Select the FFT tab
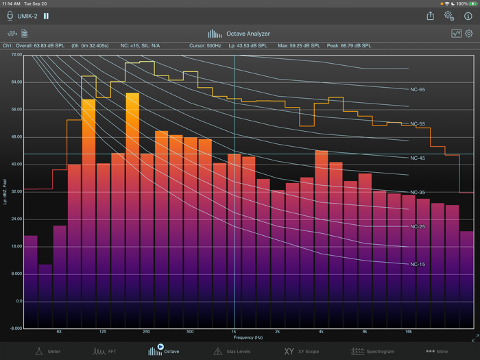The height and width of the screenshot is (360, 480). pos(105,351)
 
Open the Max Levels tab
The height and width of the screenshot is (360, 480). pos(233,351)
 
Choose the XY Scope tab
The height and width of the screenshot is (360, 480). pos(302,351)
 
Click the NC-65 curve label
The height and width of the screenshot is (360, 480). pos(418,90)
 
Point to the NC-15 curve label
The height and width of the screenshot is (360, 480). pos(418,264)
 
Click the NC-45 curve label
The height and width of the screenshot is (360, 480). pos(418,158)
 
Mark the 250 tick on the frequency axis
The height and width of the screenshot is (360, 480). pos(146,332)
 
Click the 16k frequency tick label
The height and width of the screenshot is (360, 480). pos(408,332)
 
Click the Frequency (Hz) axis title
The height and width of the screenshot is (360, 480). pos(248,337)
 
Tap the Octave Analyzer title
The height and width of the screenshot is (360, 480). pos(240,34)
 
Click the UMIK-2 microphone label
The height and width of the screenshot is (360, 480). pos(28,16)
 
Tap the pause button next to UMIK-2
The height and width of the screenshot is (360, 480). pos(47,16)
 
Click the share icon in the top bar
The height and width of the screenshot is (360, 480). pos(430,16)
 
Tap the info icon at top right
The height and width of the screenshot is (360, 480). pos(468,16)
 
